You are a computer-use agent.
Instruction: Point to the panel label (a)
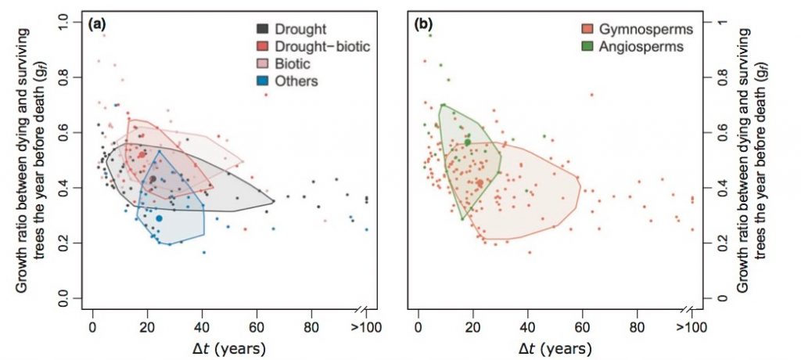(98, 24)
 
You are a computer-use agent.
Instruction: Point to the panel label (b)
(424, 24)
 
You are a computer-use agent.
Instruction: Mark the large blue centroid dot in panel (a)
(159, 218)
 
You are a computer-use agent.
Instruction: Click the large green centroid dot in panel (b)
(468, 142)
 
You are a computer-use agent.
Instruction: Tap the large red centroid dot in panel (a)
(142, 155)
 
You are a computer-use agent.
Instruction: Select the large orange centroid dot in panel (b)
(480, 183)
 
